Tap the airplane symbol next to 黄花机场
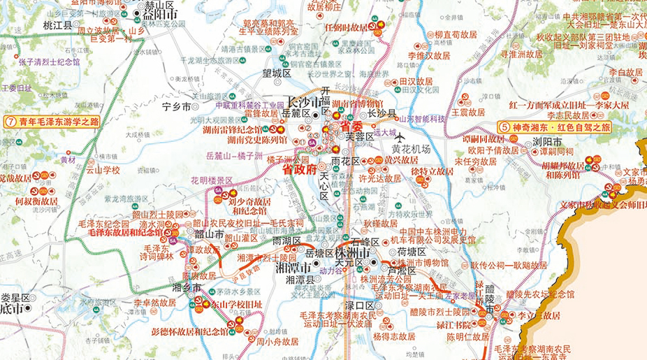click(400, 136)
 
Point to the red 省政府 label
click(299, 168)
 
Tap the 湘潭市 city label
click(296, 268)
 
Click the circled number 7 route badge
click(10, 121)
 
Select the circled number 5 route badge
click(505, 128)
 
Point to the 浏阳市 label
click(547, 142)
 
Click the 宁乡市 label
click(175, 107)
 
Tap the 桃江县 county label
click(57, 25)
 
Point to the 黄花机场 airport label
click(411, 149)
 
